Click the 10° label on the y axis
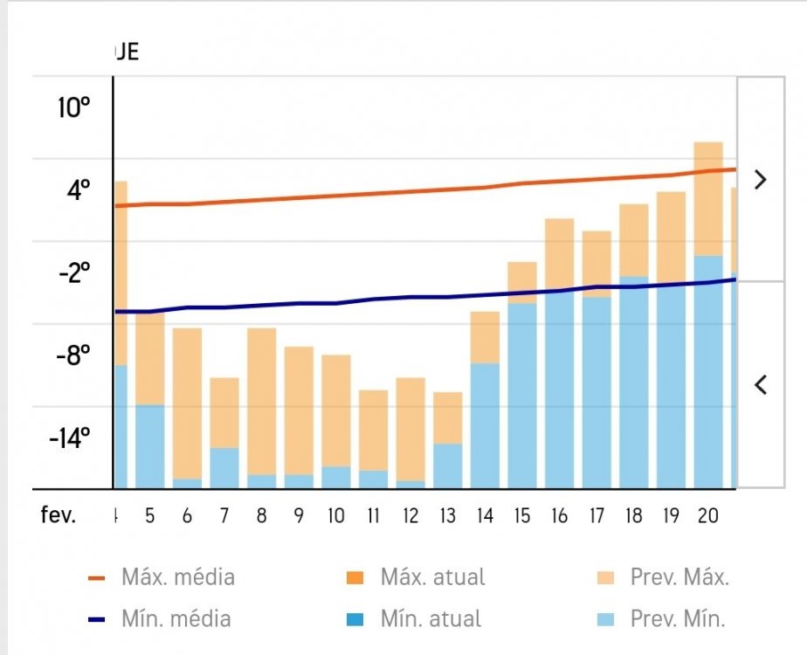pyautogui.click(x=74, y=108)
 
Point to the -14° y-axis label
pyautogui.click(x=69, y=438)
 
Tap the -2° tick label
pyautogui.click(x=74, y=273)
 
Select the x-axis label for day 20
pyautogui.click(x=708, y=515)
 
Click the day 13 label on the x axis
pyautogui.click(x=447, y=515)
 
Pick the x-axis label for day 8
pyautogui.click(x=261, y=515)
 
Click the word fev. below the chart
pyautogui.click(x=59, y=515)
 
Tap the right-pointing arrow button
pyautogui.click(x=760, y=180)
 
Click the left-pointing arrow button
pyautogui.click(x=760, y=384)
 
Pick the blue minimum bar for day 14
pyautogui.click(x=485, y=425)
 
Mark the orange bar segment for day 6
pyautogui.click(x=187, y=403)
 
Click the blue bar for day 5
pyautogui.click(x=149, y=446)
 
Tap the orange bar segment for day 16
pyautogui.click(x=560, y=254)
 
